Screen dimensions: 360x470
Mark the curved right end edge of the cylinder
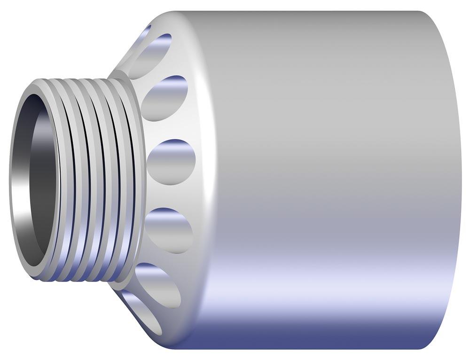(x=459, y=179)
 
